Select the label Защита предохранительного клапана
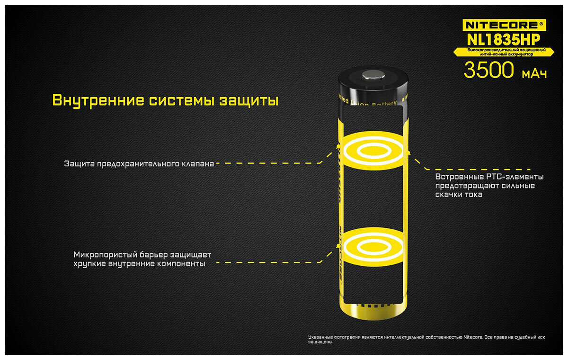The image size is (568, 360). tap(139, 164)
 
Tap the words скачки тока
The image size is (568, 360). tap(459, 195)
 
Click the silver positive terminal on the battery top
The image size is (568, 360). tap(373, 74)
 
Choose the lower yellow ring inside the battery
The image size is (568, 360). tap(373, 245)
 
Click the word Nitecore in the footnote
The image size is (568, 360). tap(473, 337)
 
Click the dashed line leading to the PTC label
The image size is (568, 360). tap(478, 169)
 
